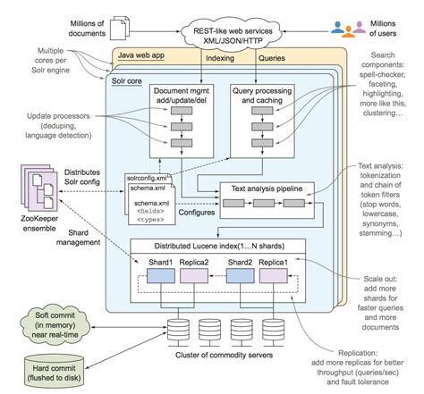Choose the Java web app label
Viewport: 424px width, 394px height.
146,54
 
